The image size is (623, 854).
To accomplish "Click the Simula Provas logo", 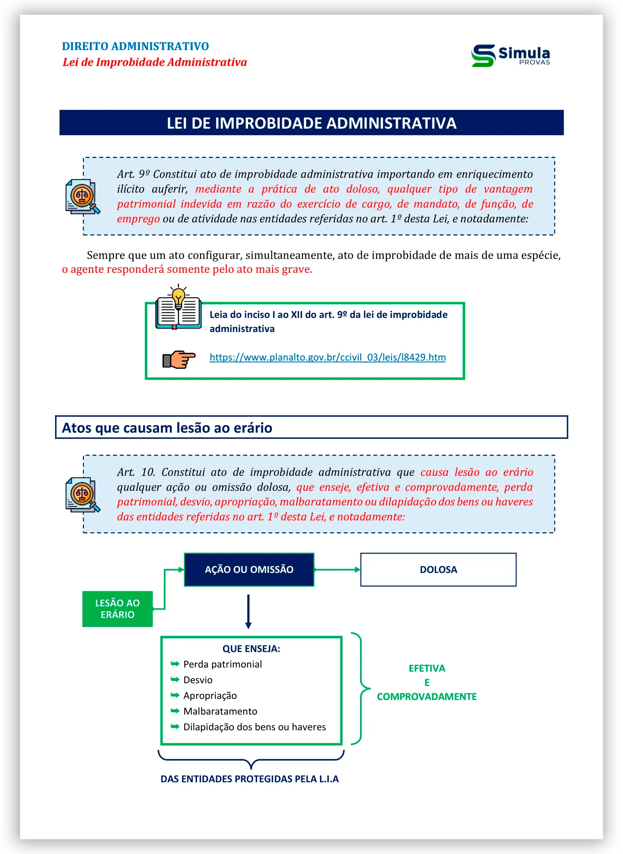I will [x=510, y=55].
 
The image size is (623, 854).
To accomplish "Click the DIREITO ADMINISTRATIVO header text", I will [x=135, y=47].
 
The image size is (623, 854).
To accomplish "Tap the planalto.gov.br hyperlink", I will [x=327, y=357].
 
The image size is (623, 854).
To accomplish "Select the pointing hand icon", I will [x=179, y=359].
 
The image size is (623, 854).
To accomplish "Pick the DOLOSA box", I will [x=438, y=570].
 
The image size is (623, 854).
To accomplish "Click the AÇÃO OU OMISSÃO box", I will [x=249, y=570].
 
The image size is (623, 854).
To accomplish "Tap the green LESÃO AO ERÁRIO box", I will [x=117, y=609].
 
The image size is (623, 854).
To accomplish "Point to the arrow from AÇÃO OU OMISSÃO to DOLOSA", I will [x=337, y=570].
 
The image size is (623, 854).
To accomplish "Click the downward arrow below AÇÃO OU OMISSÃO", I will [x=248, y=612].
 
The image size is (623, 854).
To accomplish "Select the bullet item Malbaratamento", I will [x=220, y=711].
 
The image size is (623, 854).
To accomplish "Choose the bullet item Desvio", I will [x=198, y=680].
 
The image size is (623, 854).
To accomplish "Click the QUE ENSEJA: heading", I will [x=251, y=649].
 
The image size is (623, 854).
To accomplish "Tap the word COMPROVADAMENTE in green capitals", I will [x=426, y=697].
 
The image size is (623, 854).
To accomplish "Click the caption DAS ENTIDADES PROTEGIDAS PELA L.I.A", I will [x=249, y=779].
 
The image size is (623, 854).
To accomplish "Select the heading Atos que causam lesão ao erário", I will [x=167, y=428].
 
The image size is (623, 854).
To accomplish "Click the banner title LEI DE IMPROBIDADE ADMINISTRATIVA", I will [x=311, y=123].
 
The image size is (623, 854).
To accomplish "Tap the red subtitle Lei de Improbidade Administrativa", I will [x=155, y=62].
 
